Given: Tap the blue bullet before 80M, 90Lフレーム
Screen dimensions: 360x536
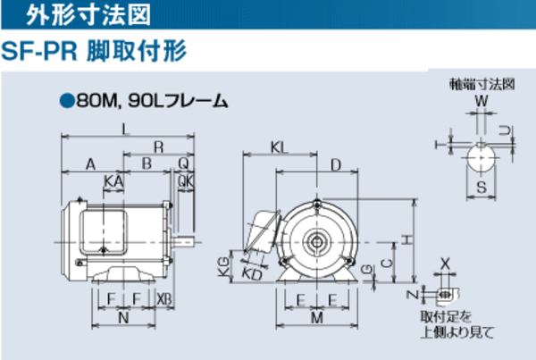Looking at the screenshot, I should pyautogui.click(x=65, y=101).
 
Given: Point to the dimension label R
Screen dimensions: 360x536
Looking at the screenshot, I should pyautogui.click(x=158, y=146).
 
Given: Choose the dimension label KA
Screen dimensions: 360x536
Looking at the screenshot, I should pyautogui.click(x=113, y=181).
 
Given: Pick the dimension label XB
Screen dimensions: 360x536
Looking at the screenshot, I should pyautogui.click(x=164, y=297).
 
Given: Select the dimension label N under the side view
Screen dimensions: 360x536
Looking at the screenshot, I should pyautogui.click(x=123, y=317).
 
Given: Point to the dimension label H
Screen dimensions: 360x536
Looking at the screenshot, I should pyautogui.click(x=406, y=239).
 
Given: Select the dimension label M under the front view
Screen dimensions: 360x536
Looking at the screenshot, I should pyautogui.click(x=316, y=317).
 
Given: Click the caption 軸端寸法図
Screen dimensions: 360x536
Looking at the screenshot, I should pyautogui.click(x=482, y=85).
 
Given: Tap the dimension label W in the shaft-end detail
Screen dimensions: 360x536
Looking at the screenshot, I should pyautogui.click(x=482, y=101).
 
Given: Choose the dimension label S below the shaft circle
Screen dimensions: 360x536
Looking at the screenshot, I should pyautogui.click(x=482, y=188).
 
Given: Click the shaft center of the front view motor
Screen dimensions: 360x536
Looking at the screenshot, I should pyautogui.click(x=316, y=239).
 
